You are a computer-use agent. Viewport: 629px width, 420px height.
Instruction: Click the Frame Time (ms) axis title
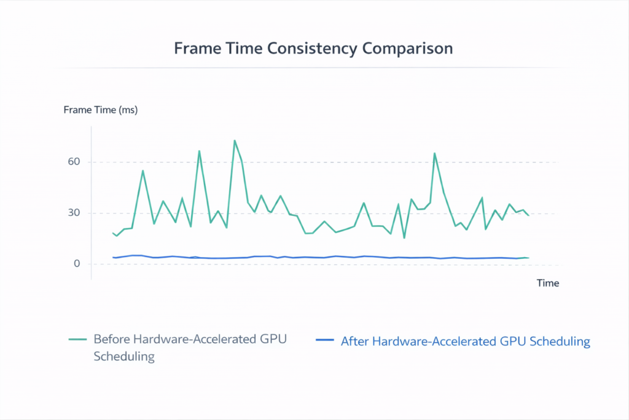[x=101, y=110]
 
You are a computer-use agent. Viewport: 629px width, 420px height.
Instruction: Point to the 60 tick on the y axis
[x=74, y=162]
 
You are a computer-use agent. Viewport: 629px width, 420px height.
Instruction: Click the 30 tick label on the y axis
[x=74, y=213]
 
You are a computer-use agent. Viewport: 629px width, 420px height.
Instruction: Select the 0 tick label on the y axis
[x=77, y=264]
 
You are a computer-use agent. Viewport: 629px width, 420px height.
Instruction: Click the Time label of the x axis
[x=548, y=283]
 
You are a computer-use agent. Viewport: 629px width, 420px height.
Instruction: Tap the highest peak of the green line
[x=235, y=140]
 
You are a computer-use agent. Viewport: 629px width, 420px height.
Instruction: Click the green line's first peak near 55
[x=143, y=170]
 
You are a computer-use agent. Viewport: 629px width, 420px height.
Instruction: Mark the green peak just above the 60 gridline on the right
[x=434, y=153]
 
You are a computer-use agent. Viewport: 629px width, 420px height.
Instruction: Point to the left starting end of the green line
[x=113, y=233]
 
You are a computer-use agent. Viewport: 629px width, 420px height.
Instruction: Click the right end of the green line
[x=528, y=215]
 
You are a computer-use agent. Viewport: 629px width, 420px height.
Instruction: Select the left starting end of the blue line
[x=113, y=257]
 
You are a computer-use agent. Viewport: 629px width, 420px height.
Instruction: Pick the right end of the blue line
[x=528, y=258]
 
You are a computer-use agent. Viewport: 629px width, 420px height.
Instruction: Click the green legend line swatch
[x=77, y=339]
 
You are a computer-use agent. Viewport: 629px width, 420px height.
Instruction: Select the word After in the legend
[x=354, y=341]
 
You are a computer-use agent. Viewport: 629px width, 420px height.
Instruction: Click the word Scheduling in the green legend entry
[x=123, y=357]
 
